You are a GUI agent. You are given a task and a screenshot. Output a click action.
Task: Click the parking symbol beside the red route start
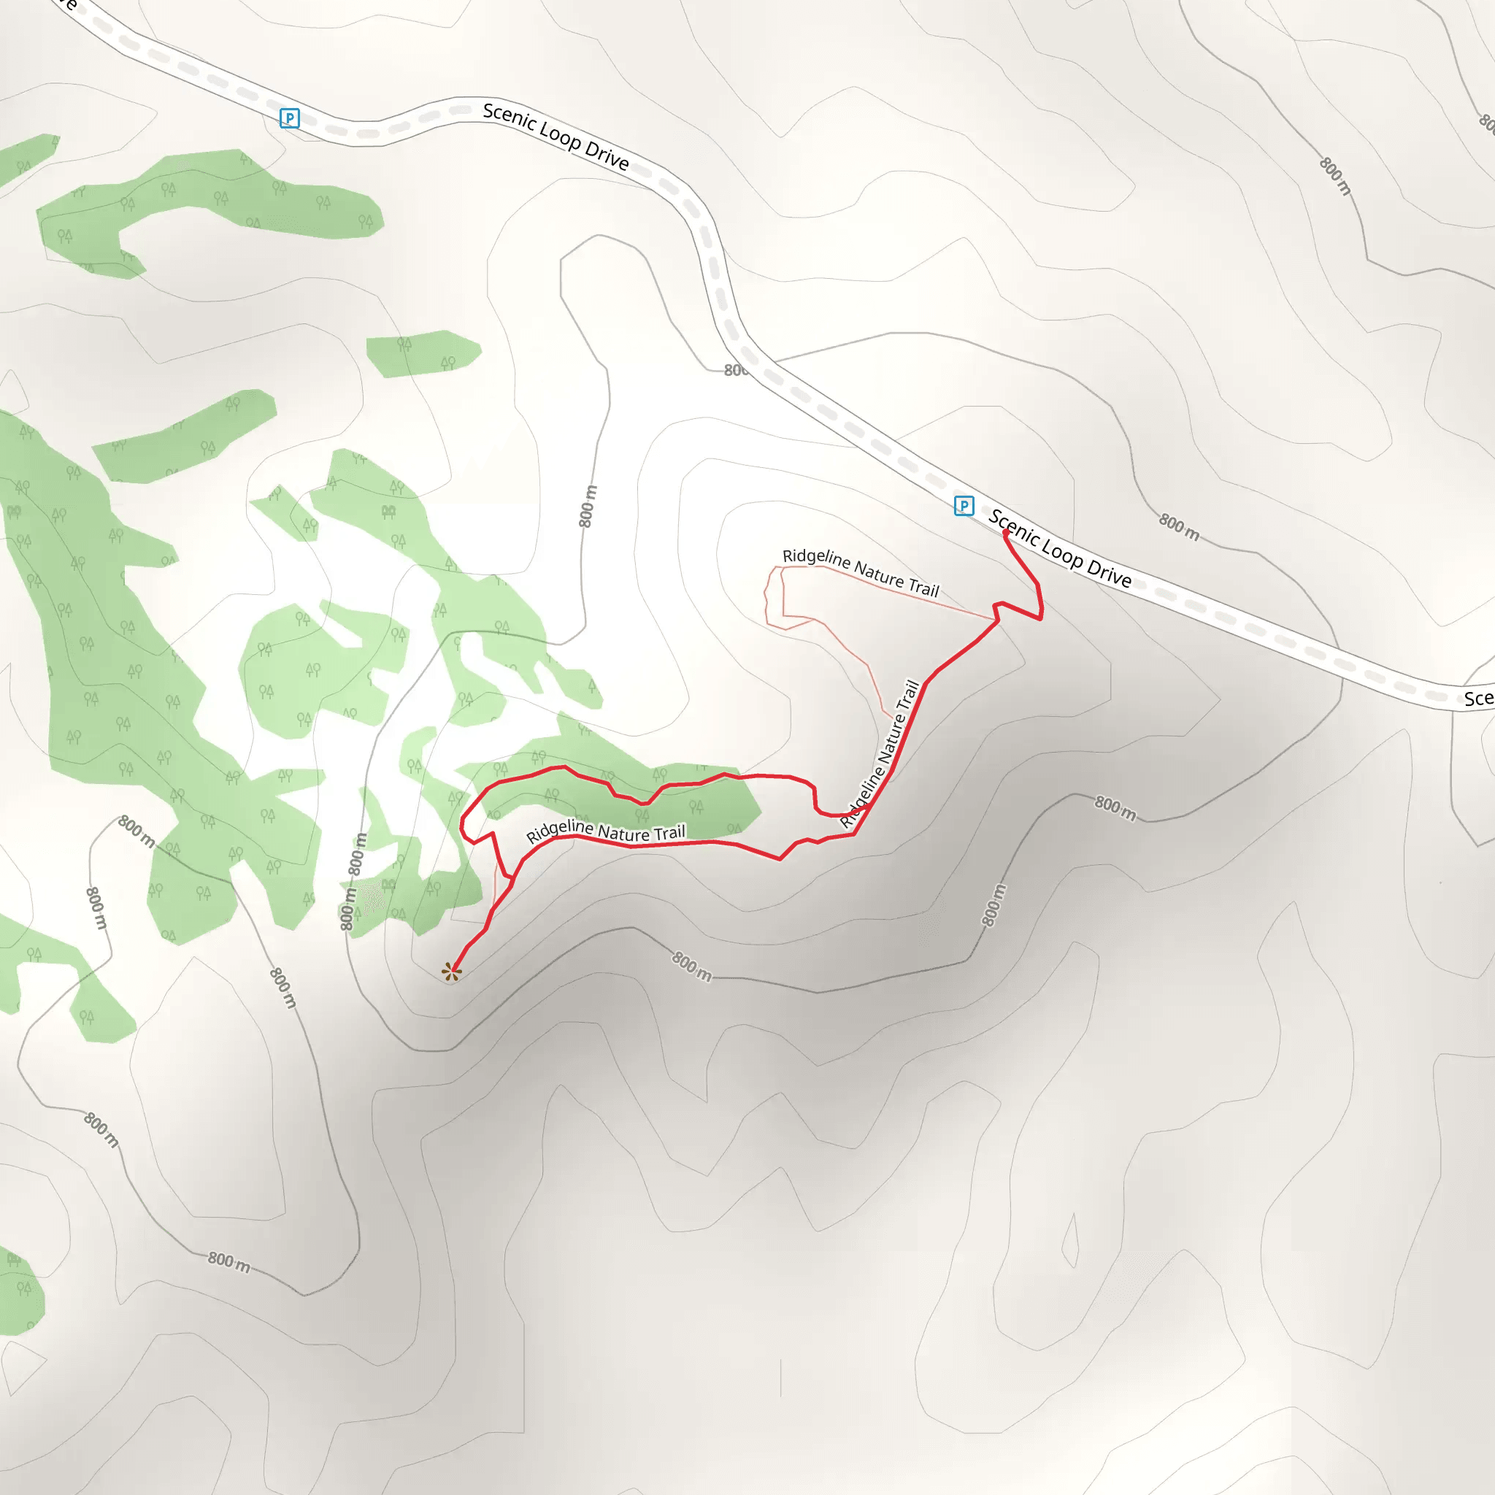coord(964,506)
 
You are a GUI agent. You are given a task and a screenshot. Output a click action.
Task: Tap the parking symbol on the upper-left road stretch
coord(289,118)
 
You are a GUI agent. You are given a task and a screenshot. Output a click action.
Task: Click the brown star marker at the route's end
coord(451,972)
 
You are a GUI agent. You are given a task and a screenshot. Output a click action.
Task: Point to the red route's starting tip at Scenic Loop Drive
coord(1006,532)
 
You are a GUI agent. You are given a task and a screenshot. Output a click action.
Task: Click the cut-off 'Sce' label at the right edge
coord(1478,699)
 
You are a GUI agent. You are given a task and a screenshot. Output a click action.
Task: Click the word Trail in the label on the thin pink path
coord(923,588)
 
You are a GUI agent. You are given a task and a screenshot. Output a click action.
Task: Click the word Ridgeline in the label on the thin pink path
coord(815,558)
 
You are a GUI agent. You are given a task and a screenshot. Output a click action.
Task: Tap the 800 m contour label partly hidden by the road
coord(735,370)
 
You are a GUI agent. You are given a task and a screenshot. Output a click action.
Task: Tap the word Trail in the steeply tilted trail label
coord(911,694)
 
